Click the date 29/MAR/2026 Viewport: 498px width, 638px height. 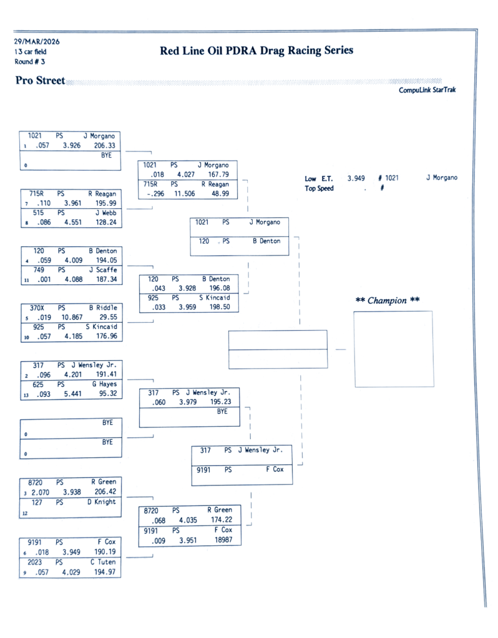[x=37, y=42]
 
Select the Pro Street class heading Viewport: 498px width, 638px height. [x=40, y=80]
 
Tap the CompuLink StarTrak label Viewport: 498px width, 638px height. [x=427, y=90]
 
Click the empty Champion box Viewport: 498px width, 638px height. [x=393, y=349]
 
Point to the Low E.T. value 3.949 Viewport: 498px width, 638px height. [x=356, y=178]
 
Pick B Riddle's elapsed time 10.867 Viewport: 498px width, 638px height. [x=73, y=317]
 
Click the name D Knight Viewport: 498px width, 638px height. [x=102, y=502]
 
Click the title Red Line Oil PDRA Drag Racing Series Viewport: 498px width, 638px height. [x=256, y=50]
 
